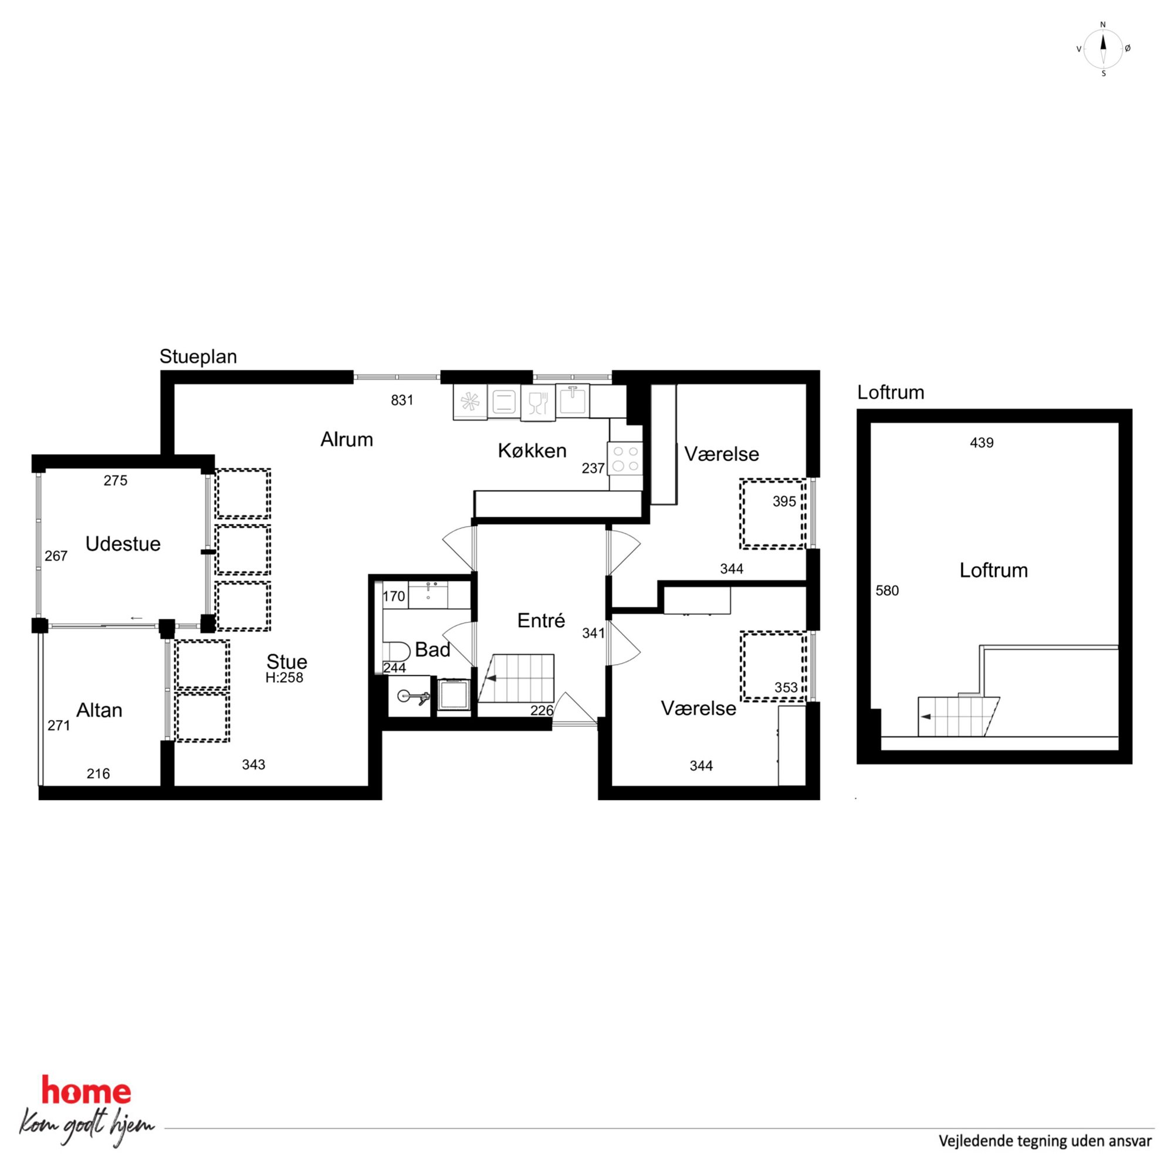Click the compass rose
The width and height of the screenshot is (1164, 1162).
coord(1103,49)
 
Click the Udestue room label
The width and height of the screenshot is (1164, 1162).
coord(123,544)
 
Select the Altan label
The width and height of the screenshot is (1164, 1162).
coord(99,710)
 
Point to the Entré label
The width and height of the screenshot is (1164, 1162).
coord(541,621)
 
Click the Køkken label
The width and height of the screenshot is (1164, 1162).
coord(532,450)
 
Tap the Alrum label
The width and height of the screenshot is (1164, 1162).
coord(346,439)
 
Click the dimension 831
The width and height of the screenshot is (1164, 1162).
coord(402,400)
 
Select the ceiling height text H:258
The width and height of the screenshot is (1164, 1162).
coord(285,677)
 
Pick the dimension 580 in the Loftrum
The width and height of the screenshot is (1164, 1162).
coord(887,590)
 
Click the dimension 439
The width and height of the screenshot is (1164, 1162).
coord(982,443)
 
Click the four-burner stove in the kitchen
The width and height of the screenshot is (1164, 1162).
coord(626,459)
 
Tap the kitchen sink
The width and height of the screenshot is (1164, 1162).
coord(573,400)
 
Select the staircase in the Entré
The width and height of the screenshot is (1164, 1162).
coord(516,678)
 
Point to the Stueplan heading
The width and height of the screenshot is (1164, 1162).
coord(198,357)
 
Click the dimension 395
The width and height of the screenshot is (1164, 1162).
coord(784,501)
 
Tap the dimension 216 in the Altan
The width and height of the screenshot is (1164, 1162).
coord(98,774)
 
